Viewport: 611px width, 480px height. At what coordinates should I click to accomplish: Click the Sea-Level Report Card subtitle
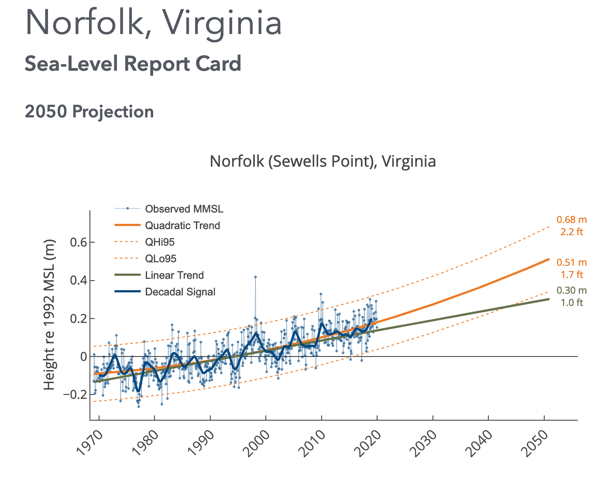[133, 64]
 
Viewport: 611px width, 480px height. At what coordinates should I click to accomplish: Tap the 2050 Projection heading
[89, 112]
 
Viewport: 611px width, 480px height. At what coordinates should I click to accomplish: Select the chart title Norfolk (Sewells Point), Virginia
[323, 161]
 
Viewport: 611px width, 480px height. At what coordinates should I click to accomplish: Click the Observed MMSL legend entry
[184, 209]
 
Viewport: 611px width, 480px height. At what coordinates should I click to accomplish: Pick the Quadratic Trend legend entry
[182, 226]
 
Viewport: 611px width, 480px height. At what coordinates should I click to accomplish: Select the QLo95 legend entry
[161, 259]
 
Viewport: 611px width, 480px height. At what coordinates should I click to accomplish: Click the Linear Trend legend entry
[174, 275]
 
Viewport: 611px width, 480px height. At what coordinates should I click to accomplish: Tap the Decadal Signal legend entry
[180, 292]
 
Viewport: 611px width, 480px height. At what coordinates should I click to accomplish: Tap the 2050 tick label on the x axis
[535, 443]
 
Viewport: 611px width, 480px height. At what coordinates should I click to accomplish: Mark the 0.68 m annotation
[571, 219]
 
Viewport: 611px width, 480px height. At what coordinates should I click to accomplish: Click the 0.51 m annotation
[571, 262]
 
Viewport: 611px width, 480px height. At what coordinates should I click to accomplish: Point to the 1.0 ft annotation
[571, 302]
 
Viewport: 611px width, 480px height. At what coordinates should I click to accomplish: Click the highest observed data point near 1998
[255, 277]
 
